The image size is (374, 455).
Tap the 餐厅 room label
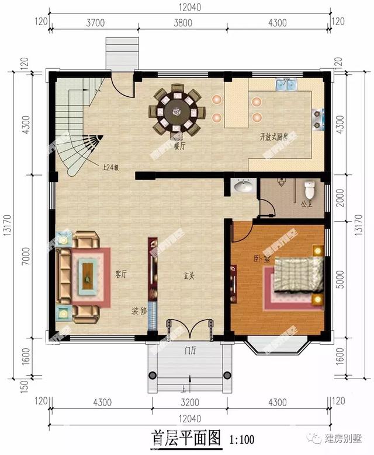(x=179, y=147)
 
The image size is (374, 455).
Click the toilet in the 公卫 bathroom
(x=310, y=188)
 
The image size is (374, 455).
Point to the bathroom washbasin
(x=243, y=187)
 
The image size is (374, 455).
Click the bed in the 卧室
(x=298, y=274)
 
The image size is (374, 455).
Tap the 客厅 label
(x=121, y=274)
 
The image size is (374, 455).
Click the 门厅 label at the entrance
(x=188, y=351)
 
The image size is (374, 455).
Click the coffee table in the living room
(x=88, y=273)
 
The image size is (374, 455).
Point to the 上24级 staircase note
(x=110, y=167)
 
